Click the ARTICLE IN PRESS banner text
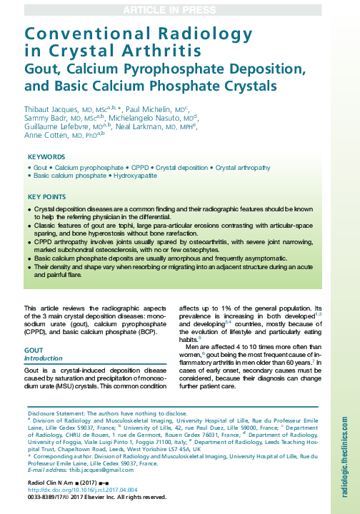coord(179,9)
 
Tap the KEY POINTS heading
coord(47,196)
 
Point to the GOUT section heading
coord(34,351)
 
